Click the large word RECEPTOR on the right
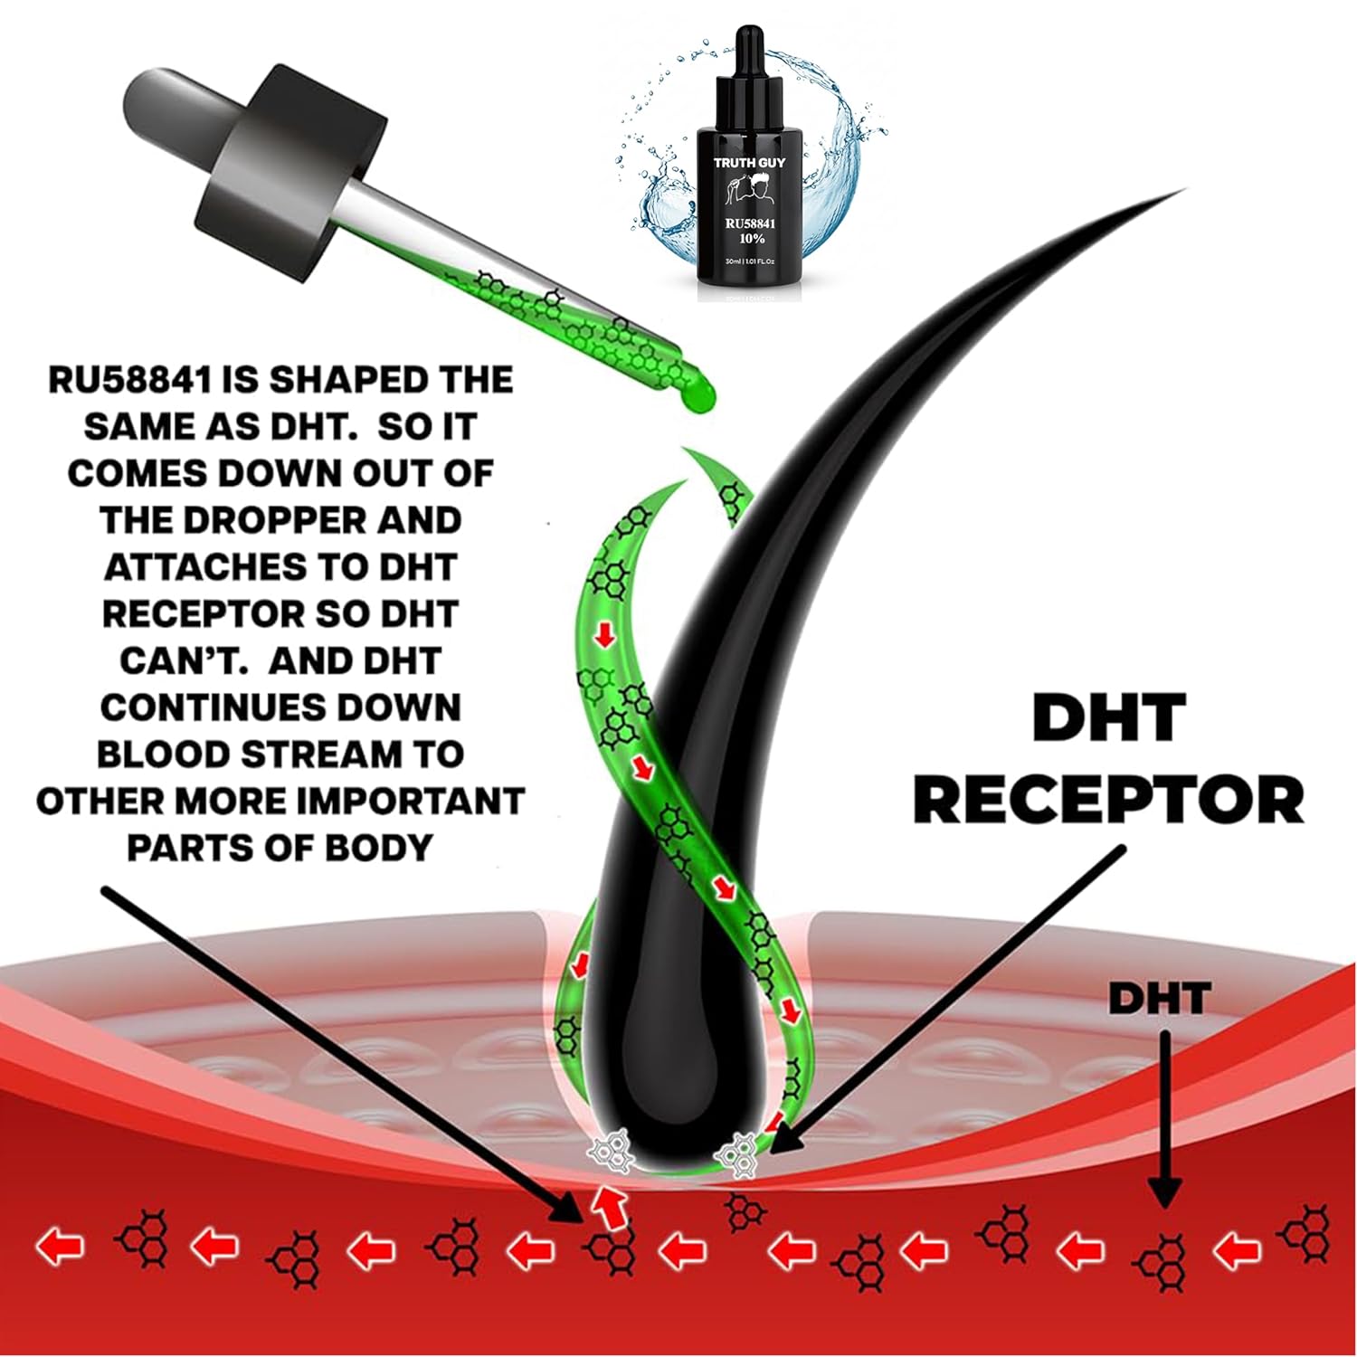(1108, 800)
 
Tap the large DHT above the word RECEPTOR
(1108, 719)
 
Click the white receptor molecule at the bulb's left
(607, 1153)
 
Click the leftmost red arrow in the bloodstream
(60, 1247)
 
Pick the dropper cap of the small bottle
(747, 54)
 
